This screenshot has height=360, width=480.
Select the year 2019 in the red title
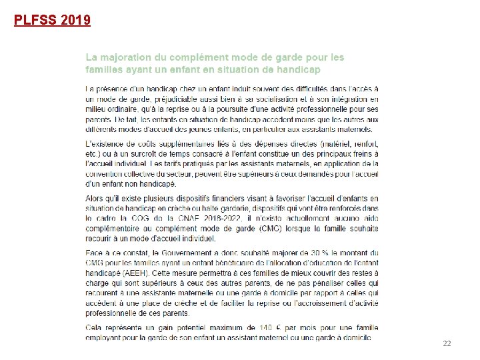[x=75, y=20]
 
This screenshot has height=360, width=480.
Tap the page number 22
[x=447, y=343]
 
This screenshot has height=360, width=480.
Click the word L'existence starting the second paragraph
[x=107, y=145]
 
